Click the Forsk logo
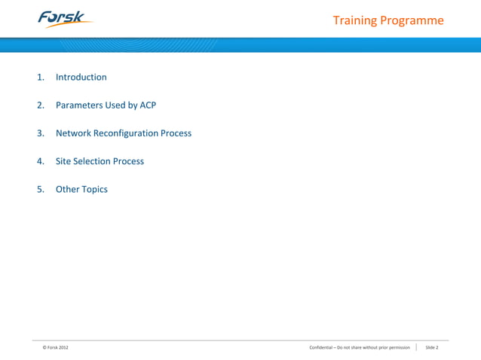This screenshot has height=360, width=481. [x=64, y=18]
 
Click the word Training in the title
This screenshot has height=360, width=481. [x=354, y=20]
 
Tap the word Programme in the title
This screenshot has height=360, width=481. [x=411, y=21]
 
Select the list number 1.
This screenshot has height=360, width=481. [x=41, y=78]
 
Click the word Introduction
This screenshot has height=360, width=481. [x=81, y=78]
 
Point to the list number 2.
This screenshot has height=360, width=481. [x=41, y=105]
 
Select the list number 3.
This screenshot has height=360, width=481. [x=41, y=133]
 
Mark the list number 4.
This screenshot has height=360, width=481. [x=41, y=161]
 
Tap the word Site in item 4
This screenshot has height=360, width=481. [x=63, y=161]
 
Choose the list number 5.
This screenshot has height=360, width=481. [x=41, y=189]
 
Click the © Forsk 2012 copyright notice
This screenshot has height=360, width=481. [x=56, y=347]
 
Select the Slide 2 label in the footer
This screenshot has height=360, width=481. [x=431, y=347]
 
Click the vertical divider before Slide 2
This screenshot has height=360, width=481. [x=416, y=347]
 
